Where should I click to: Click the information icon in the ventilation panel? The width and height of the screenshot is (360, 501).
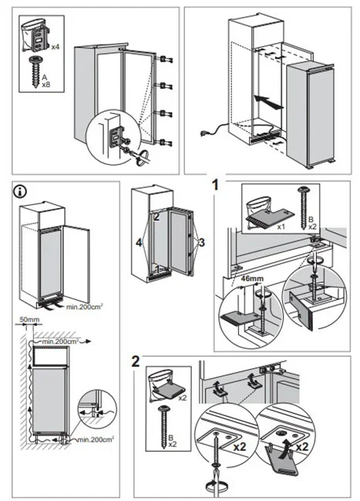21,192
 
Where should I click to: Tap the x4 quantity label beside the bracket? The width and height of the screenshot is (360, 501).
56,47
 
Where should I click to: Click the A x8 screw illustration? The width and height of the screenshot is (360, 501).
34,73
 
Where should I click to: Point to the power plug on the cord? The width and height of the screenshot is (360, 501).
204,133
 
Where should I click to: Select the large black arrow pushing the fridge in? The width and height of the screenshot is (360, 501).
268,101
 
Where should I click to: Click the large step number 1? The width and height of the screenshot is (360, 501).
217,185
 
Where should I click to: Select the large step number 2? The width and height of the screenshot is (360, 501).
136,361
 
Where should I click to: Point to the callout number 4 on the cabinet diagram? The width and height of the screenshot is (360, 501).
139,243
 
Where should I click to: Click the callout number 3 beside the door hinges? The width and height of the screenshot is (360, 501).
201,243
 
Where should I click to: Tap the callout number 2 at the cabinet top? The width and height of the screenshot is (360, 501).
156,217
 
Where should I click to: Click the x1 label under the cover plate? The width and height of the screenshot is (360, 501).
281,227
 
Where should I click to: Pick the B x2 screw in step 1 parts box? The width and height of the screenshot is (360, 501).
302,207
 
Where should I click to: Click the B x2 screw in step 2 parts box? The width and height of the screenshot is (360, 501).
164,427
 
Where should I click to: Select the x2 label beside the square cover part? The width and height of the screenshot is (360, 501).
183,398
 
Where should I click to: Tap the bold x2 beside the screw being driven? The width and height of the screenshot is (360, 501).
240,446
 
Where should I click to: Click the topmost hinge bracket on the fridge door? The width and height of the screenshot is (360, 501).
165,59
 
